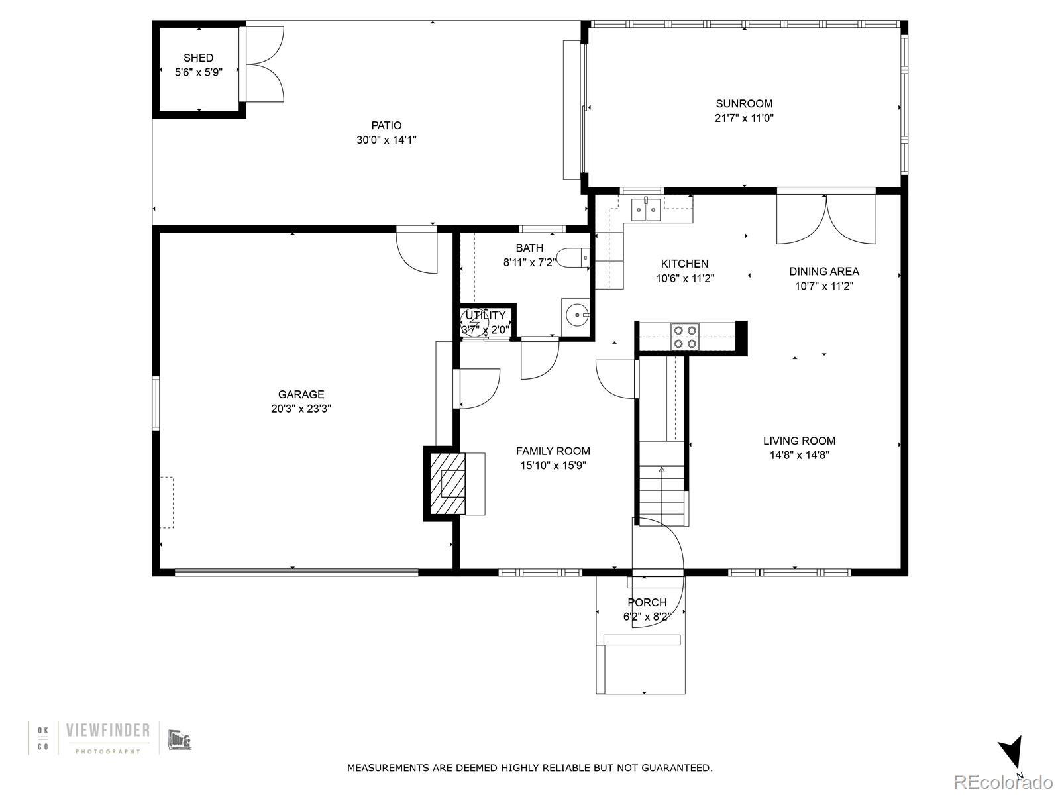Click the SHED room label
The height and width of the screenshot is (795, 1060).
198,58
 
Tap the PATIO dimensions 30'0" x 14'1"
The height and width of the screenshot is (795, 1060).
386,140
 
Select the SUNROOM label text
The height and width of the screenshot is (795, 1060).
744,104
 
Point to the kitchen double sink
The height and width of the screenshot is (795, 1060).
646,209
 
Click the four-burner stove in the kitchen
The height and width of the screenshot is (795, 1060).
685,337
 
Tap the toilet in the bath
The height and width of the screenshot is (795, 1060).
573,258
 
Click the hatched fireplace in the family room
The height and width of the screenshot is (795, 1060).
445,484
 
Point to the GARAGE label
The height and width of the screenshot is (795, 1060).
301,394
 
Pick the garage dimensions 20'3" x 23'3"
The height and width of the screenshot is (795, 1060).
301,409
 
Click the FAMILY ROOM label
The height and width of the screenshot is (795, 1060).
553,451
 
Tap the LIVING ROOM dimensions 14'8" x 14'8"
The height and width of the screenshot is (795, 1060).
799,455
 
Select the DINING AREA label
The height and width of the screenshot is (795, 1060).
824,272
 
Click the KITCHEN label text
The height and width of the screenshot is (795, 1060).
684,264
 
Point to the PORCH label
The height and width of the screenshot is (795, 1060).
647,602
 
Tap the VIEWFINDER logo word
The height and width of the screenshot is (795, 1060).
108,731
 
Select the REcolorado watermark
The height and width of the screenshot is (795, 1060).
1004,782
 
